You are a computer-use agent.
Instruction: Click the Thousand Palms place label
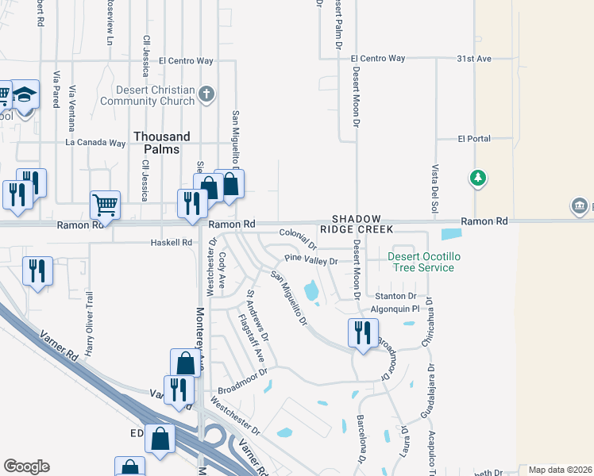click(162, 143)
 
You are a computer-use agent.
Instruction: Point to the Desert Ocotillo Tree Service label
click(421, 262)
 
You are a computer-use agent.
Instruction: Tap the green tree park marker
click(478, 177)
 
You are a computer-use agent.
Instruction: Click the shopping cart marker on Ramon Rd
click(105, 205)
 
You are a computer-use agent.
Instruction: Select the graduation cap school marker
click(26, 96)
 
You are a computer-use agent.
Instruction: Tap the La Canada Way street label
click(96, 143)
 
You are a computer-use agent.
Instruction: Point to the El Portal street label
click(474, 139)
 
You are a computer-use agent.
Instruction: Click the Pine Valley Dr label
click(311, 260)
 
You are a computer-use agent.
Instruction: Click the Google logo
click(26, 466)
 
